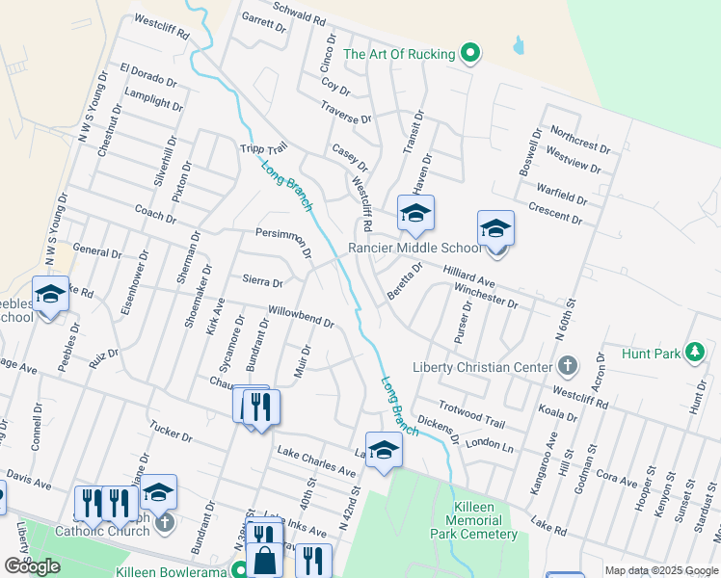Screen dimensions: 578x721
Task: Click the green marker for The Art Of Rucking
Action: tap(470, 54)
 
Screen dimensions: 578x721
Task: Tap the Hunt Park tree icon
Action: tap(693, 354)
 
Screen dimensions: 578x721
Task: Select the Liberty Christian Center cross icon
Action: tap(568, 367)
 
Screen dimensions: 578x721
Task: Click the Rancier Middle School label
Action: tap(416, 248)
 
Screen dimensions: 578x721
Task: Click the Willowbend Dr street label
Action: tap(302, 317)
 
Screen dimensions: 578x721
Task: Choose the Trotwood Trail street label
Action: tap(471, 415)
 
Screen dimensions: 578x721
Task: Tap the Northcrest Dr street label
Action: tap(580, 141)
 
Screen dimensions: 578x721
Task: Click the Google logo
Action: tap(32, 566)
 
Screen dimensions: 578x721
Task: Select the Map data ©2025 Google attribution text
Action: tap(661, 570)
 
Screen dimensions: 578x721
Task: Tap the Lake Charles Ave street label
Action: tap(316, 460)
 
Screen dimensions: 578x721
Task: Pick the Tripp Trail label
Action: tap(263, 150)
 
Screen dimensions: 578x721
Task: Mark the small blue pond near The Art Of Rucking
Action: tap(520, 44)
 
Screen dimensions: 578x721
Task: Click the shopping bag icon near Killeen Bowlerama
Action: tap(263, 561)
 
